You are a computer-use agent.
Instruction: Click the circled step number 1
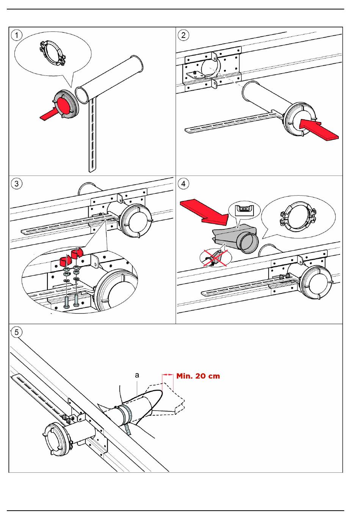pos(17,35)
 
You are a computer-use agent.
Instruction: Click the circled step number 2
pos(183,35)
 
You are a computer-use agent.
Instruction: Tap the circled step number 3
pos(17,184)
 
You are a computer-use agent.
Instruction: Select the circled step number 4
pos(183,184)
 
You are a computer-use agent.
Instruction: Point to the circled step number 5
pos(17,332)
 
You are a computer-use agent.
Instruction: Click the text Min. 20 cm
pos(198,376)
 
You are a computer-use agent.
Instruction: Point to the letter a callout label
pos(137,375)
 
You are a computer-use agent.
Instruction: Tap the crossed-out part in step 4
pos(214,259)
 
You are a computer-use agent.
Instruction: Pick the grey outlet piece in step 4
pos(235,238)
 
